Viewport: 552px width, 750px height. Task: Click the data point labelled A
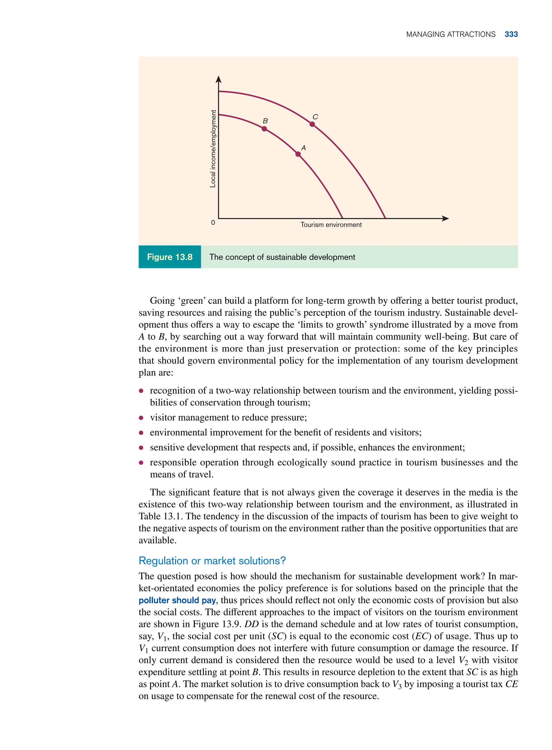(x=298, y=154)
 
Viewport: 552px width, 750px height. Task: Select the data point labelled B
(x=264, y=129)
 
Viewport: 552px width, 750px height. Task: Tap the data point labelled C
(x=312, y=124)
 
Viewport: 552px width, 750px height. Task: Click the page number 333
(x=511, y=34)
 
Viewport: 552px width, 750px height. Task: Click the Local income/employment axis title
(x=213, y=149)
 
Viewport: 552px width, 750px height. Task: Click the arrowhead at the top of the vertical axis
(x=219, y=79)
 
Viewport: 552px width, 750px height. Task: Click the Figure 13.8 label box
(x=170, y=257)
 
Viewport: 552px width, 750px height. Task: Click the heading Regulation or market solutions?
(x=212, y=561)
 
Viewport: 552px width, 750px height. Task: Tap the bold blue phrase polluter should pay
(x=177, y=600)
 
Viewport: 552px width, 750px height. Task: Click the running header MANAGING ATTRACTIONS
(x=450, y=34)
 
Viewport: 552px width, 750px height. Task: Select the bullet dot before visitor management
(x=141, y=418)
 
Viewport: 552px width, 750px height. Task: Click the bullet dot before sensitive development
(x=141, y=448)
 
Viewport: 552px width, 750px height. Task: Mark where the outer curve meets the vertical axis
(x=219, y=91)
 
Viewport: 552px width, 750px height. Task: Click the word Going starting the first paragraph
(x=162, y=301)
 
